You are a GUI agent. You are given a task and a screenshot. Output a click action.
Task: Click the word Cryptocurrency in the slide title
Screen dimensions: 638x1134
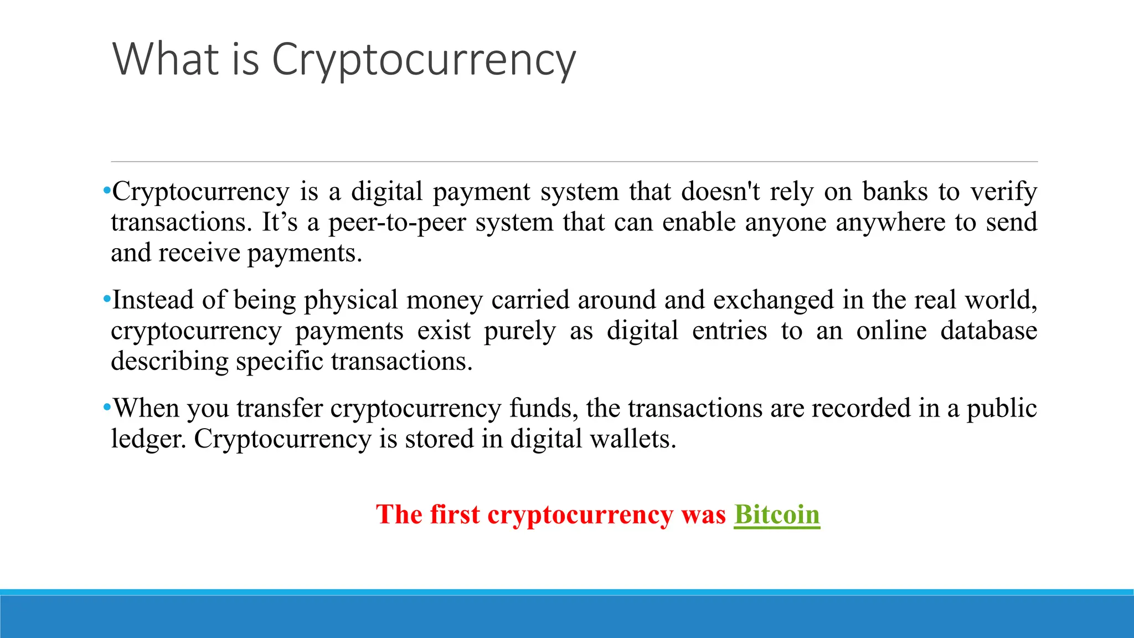[424, 60]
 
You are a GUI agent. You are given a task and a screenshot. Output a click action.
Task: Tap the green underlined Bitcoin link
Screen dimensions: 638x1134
[776, 514]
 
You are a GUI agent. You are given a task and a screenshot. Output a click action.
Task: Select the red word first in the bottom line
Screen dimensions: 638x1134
[455, 514]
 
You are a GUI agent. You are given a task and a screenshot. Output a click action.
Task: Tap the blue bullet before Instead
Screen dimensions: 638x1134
[107, 300]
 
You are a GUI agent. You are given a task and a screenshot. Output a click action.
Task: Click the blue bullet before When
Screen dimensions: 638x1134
[107, 408]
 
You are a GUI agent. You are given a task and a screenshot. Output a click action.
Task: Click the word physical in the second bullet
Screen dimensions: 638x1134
[350, 301]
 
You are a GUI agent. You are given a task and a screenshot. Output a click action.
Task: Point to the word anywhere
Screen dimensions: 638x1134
[890, 223]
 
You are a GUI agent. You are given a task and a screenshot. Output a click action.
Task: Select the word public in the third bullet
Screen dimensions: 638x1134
[1001, 409]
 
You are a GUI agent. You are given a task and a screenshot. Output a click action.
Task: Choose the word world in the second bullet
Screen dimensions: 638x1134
[1000, 300]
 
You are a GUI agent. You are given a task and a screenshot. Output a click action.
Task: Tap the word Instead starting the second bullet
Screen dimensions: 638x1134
[152, 300]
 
